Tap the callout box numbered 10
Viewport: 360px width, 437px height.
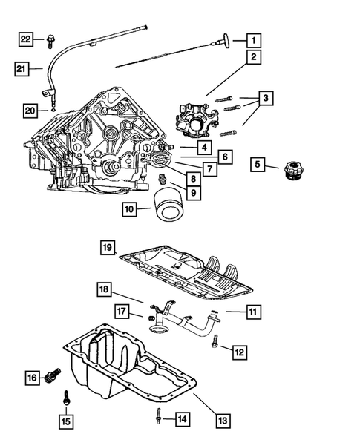tap(131, 209)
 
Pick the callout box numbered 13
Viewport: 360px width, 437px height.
tap(223, 420)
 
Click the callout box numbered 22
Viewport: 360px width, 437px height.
tap(26, 38)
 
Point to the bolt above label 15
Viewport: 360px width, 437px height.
tap(66, 398)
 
